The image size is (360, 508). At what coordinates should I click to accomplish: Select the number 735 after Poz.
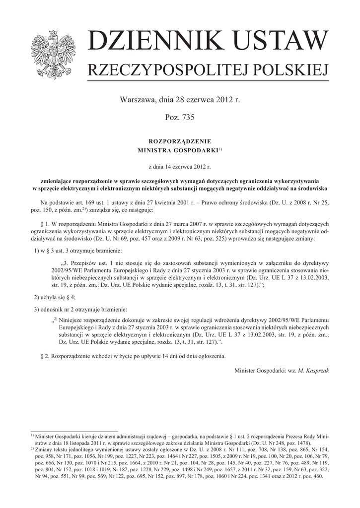click(x=188, y=118)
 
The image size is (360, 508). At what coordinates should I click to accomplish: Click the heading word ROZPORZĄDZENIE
click(x=180, y=141)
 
